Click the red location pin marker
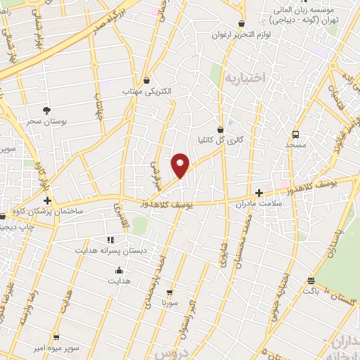click(x=181, y=165)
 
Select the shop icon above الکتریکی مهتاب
click(x=146, y=80)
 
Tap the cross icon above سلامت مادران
click(x=259, y=192)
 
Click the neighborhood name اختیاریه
click(x=243, y=78)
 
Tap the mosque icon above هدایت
click(x=119, y=270)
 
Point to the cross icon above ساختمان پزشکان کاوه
click(x=47, y=200)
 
